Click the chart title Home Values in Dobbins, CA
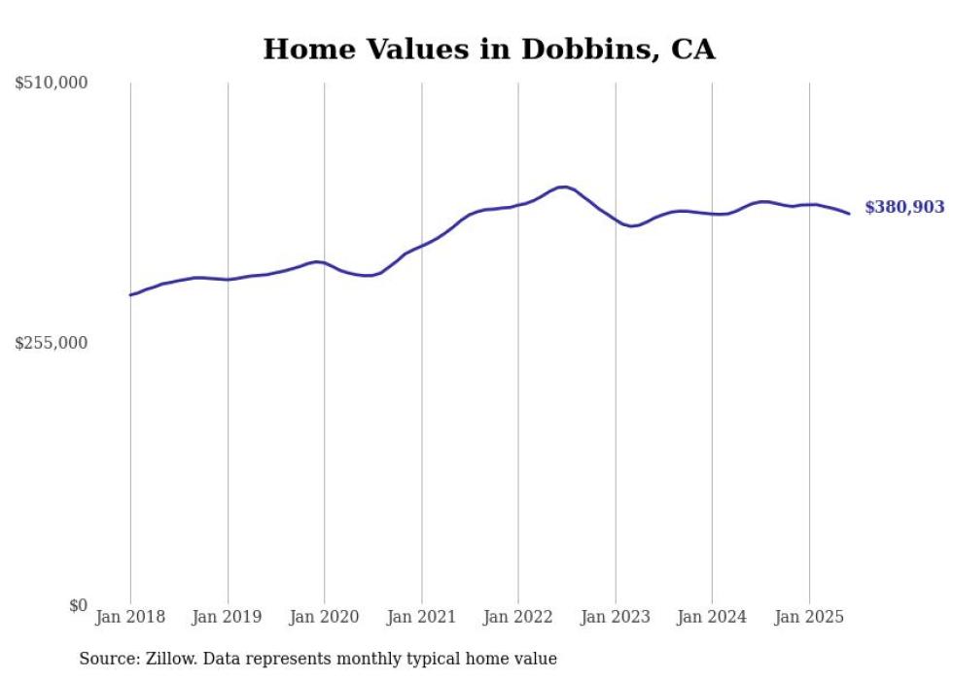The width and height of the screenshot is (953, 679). [x=488, y=50]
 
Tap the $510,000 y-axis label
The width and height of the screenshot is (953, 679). [x=52, y=84]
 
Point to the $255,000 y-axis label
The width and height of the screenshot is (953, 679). [x=52, y=343]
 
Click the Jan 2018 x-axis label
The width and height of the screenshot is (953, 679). [x=130, y=617]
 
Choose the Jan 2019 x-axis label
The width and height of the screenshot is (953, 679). [x=228, y=617]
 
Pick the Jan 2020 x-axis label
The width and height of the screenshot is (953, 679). [x=325, y=617]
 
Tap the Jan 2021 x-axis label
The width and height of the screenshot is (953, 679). [x=421, y=617]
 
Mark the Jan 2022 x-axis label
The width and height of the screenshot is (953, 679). [x=518, y=617]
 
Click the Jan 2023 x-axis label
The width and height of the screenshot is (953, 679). [x=616, y=617]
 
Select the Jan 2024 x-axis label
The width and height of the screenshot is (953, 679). [x=712, y=617]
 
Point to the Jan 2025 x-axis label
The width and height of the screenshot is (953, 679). [x=809, y=617]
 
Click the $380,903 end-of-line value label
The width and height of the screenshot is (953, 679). [x=903, y=207]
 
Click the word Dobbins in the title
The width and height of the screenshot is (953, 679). [x=590, y=50]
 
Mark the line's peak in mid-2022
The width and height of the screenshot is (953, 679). [x=563, y=187]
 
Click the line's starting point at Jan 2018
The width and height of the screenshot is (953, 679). [x=130, y=294]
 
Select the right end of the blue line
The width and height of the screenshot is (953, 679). [x=849, y=214]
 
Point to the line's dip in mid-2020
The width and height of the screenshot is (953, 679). [x=369, y=276]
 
